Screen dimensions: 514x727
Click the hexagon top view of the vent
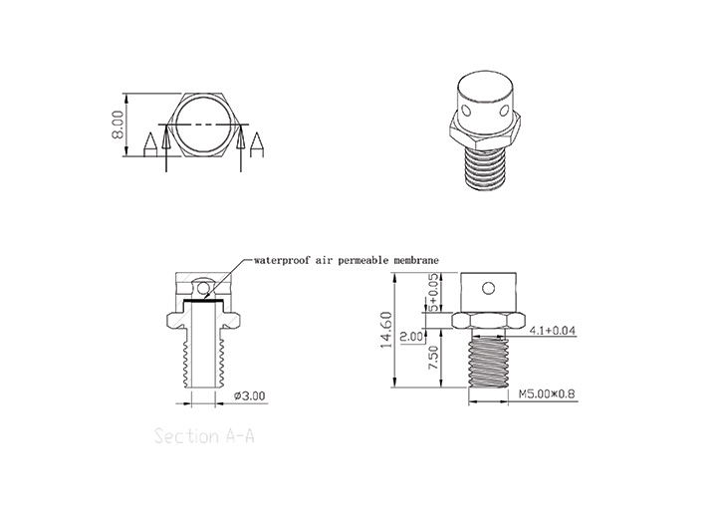pyautogui.click(x=204, y=124)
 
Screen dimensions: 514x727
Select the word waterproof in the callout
pyautogui.click(x=284, y=259)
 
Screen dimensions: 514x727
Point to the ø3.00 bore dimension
pyautogui.click(x=252, y=395)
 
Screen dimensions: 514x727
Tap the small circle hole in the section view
pyautogui.click(x=203, y=290)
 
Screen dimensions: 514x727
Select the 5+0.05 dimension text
pyautogui.click(x=433, y=295)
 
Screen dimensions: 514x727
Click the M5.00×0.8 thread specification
pyautogui.click(x=546, y=394)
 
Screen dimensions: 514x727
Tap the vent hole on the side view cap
pyautogui.click(x=488, y=290)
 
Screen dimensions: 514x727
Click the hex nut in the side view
pyautogui.click(x=488, y=322)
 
